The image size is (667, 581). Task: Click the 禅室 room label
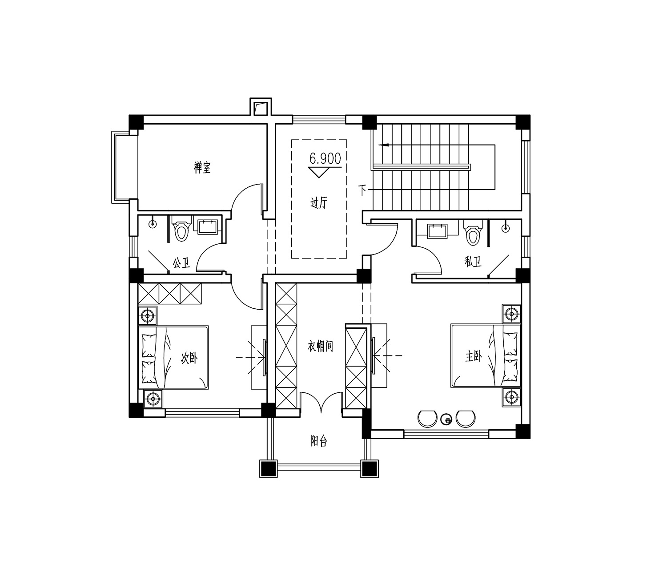[202, 168]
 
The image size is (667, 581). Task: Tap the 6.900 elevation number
[325, 158]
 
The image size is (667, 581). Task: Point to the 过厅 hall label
[318, 203]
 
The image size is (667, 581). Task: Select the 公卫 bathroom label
[181, 262]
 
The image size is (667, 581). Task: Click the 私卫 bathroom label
[473, 262]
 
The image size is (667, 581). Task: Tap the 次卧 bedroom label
[189, 359]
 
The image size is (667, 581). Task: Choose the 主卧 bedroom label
[474, 357]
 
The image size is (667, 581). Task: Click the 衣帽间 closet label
[321, 346]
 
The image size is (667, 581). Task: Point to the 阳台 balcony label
[318, 441]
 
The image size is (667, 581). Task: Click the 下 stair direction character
[362, 190]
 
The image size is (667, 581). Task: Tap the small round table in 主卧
[446, 420]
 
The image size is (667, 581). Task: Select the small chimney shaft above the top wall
[261, 107]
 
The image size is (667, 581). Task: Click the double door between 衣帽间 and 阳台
[321, 402]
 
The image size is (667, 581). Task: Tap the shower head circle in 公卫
[152, 224]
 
